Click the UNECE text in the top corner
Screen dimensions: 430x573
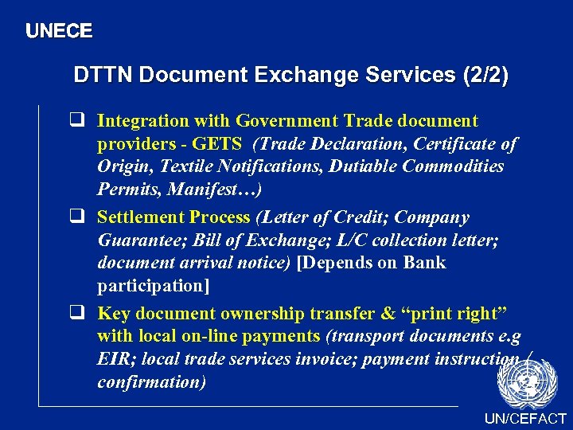click(59, 32)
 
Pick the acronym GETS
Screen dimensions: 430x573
click(218, 144)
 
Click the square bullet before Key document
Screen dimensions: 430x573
click(79, 313)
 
